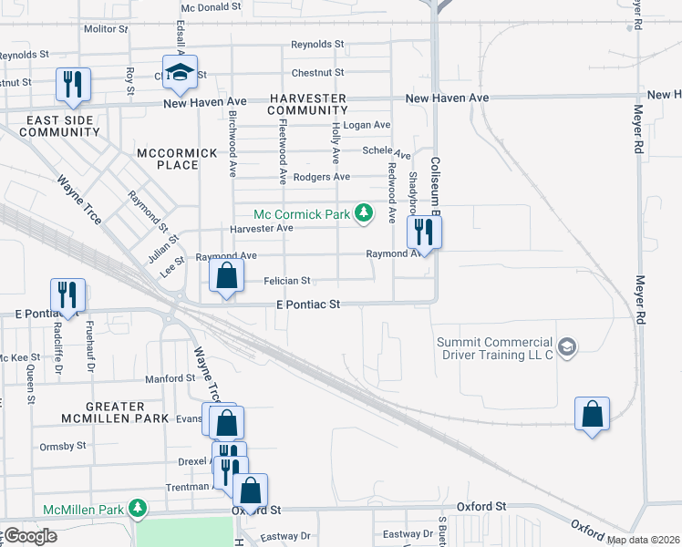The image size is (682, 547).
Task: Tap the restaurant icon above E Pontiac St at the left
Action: pyautogui.click(x=67, y=294)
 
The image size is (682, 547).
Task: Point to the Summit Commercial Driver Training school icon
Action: pyautogui.click(x=567, y=346)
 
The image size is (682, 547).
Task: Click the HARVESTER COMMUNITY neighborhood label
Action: pyautogui.click(x=307, y=104)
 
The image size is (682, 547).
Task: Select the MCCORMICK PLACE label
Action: pyautogui.click(x=179, y=159)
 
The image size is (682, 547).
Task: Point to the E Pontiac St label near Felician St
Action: pyautogui.click(x=308, y=304)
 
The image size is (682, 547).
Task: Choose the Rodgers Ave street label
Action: pyautogui.click(x=328, y=177)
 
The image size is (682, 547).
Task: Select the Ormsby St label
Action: pyautogui.click(x=63, y=447)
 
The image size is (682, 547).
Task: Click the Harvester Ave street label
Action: pyautogui.click(x=261, y=228)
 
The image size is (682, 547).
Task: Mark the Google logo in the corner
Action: pyautogui.click(x=29, y=536)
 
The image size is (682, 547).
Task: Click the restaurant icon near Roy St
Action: pyautogui.click(x=71, y=84)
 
